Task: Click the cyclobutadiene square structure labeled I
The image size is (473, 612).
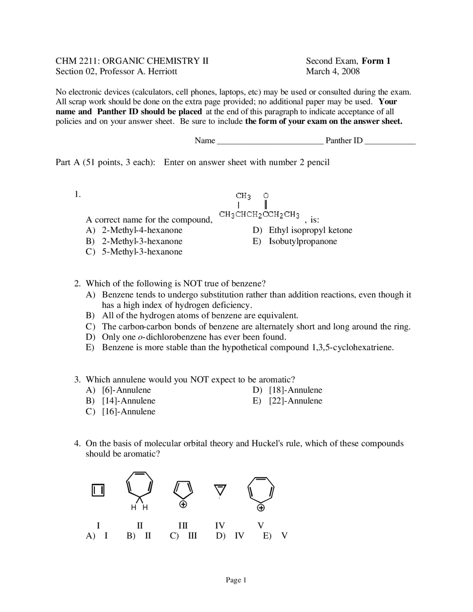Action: (x=98, y=490)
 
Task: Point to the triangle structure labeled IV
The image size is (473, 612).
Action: (x=220, y=490)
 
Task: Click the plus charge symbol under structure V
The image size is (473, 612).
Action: (x=261, y=508)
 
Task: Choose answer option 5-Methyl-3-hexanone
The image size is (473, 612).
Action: (x=142, y=252)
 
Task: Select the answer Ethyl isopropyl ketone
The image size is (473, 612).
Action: (x=310, y=230)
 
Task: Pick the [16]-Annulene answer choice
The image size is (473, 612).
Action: (x=129, y=411)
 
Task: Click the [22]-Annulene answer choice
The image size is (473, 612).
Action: (x=296, y=401)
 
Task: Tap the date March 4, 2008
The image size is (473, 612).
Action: (x=333, y=71)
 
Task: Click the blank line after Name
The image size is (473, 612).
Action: (x=270, y=141)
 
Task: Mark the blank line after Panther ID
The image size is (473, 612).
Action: (x=390, y=141)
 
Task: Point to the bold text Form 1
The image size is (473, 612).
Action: (x=376, y=61)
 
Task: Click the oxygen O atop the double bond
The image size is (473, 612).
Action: (x=266, y=195)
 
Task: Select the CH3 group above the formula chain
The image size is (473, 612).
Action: (x=243, y=195)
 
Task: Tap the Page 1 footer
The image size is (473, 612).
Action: (x=236, y=580)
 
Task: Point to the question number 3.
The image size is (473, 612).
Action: (x=77, y=380)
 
